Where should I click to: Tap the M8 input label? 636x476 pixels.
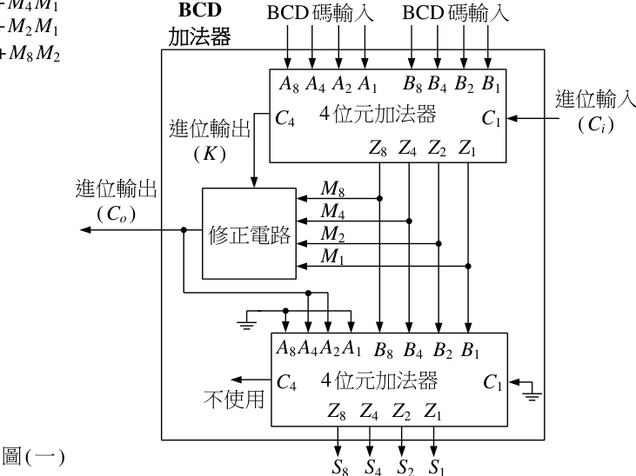[332, 188]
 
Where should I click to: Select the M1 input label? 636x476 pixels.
[332, 257]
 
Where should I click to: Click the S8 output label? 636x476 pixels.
[340, 466]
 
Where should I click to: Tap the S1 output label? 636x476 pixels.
[437, 466]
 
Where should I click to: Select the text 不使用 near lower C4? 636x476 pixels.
[234, 399]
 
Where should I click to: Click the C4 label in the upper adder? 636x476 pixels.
[285, 118]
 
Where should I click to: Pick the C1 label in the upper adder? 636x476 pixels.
[492, 118]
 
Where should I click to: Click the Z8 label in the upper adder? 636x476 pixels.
[378, 148]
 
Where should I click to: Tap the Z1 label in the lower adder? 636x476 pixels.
[432, 412]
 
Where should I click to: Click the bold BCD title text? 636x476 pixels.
[200, 10]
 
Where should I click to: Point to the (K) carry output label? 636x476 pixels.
[210, 154]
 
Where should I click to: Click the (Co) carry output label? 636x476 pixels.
[117, 214]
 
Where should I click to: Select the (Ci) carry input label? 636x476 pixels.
[596, 124]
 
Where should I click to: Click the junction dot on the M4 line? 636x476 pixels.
[409, 221]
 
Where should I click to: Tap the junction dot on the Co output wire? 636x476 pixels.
[184, 230]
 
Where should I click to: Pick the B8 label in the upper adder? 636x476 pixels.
[412, 84]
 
